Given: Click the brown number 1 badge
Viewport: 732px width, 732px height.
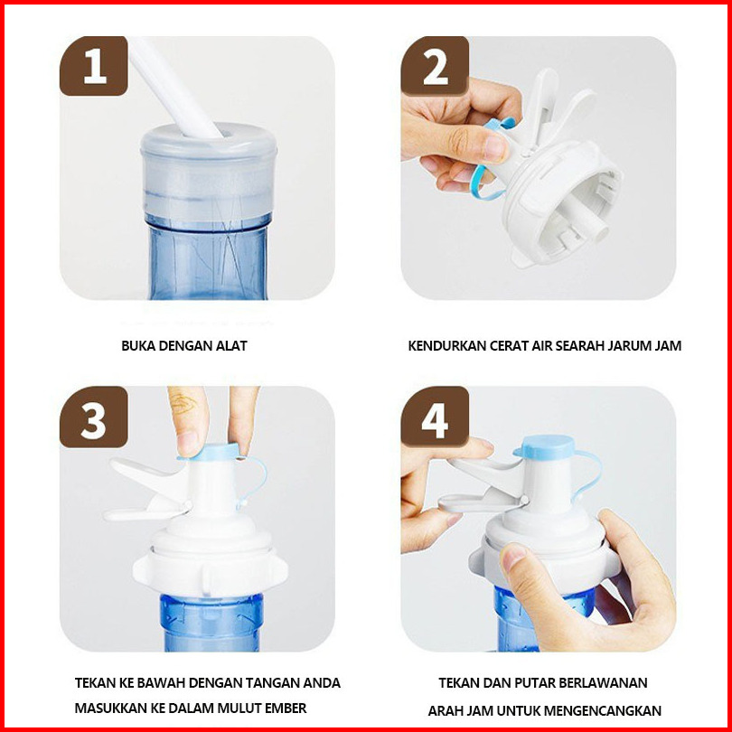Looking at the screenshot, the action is pyautogui.click(x=94, y=66).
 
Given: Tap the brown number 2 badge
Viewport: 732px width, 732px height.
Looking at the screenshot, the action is pyautogui.click(x=435, y=66).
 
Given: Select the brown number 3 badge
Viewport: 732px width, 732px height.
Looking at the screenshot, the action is pyautogui.click(x=94, y=417).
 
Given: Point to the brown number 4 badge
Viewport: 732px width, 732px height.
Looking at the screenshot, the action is pyautogui.click(x=435, y=417).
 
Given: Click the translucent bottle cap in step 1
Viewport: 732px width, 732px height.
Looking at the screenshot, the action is pyautogui.click(x=209, y=171).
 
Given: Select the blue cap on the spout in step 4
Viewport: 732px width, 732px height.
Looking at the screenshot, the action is pyautogui.click(x=544, y=447).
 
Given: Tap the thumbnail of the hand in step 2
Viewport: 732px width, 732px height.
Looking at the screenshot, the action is pyautogui.click(x=495, y=147).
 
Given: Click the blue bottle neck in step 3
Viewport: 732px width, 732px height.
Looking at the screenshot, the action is pyautogui.click(x=211, y=623).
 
